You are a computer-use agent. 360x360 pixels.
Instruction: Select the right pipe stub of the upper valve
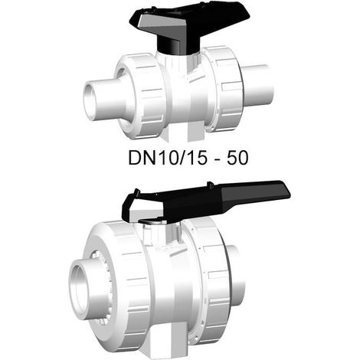(258, 84)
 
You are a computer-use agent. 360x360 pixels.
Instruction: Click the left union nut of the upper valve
(140, 96)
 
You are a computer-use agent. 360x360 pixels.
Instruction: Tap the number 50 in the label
(237, 158)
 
